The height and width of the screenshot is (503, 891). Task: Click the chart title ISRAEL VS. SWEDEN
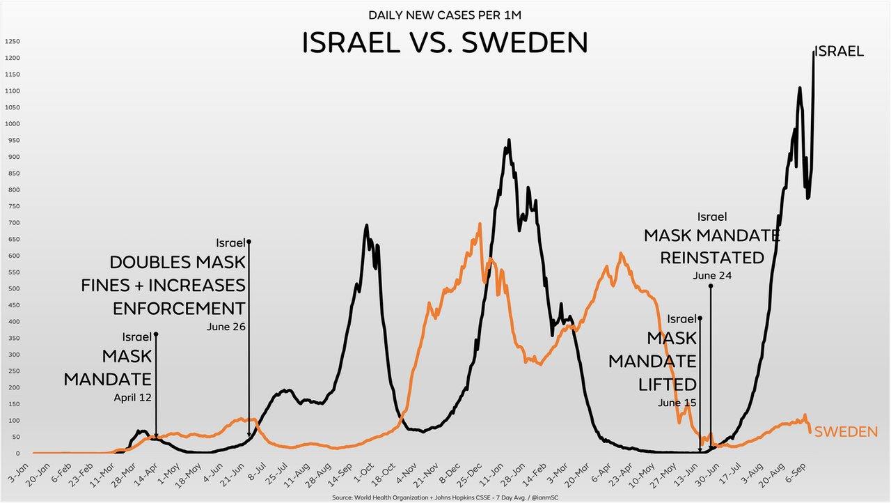click(x=445, y=43)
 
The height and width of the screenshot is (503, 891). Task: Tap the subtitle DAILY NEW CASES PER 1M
click(x=445, y=15)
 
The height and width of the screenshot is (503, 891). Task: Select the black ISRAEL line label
click(x=839, y=51)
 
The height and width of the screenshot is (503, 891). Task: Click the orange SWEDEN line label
click(x=846, y=432)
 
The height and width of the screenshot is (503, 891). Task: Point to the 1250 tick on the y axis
click(x=11, y=41)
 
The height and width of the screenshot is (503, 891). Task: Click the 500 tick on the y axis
click(x=13, y=288)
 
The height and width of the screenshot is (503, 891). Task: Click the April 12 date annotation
click(x=132, y=398)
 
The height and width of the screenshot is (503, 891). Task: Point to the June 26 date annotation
click(x=226, y=326)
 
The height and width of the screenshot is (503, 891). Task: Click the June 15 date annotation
click(x=677, y=403)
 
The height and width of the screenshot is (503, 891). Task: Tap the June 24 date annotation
click(x=712, y=276)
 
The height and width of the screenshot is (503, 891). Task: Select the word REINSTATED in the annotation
click(x=712, y=257)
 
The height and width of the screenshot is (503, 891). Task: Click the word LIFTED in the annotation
click(x=668, y=384)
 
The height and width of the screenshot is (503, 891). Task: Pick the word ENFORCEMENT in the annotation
click(x=179, y=308)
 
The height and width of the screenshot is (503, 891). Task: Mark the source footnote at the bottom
click(x=445, y=497)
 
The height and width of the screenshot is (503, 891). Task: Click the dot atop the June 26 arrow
click(x=249, y=242)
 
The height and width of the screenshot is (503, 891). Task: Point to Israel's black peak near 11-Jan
click(x=509, y=140)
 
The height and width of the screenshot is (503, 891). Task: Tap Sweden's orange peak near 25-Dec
click(x=480, y=224)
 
